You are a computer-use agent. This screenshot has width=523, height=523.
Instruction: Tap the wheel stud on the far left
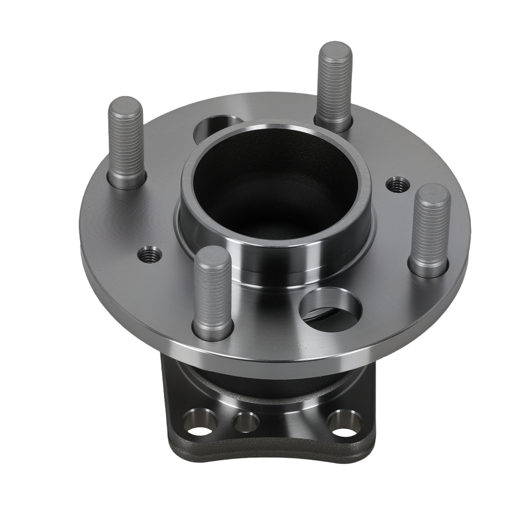point(126,144)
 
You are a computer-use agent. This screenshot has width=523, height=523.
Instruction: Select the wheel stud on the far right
point(430,230)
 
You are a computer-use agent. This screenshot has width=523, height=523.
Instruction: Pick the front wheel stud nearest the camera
point(212,293)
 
